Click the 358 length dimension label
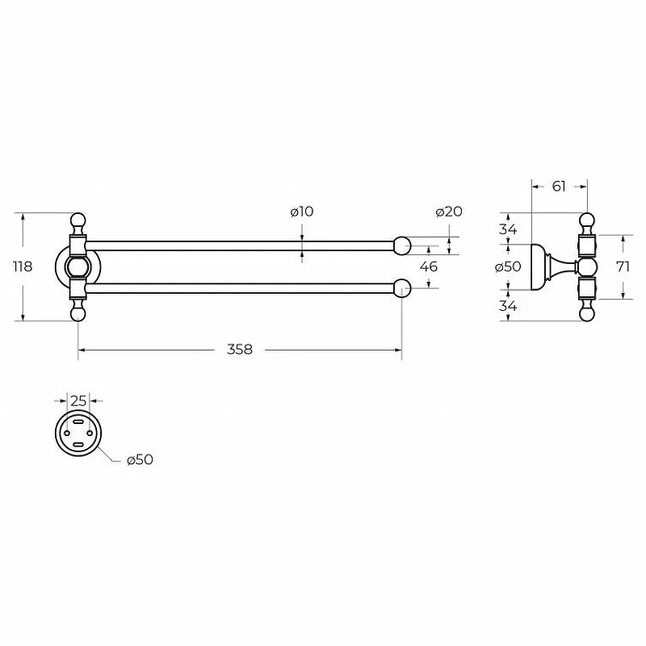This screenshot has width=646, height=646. coord(239,350)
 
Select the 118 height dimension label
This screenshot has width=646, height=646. coord(23,266)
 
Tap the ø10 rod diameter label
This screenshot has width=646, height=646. coord(302,212)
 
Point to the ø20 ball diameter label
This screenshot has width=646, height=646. coord(449,212)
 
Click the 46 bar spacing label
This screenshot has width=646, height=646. coord(429,266)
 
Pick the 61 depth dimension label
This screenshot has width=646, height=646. coord(559,187)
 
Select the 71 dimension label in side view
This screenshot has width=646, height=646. coord(623,266)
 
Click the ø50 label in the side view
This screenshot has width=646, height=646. coord(508,266)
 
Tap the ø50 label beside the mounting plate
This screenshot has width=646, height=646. coord(140,459)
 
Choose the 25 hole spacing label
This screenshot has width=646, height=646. coord(78,401)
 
